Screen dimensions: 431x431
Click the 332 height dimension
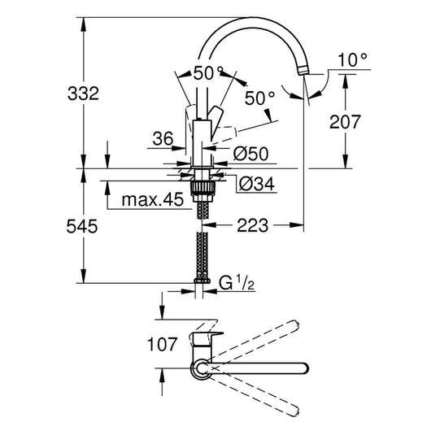click(x=83, y=94)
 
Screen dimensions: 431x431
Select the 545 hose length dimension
click(x=82, y=227)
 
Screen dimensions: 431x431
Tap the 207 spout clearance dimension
click(x=345, y=122)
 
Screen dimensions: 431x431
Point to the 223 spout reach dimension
click(x=252, y=225)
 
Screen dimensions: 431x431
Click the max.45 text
click(x=153, y=199)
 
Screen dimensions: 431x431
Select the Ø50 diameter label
click(x=250, y=154)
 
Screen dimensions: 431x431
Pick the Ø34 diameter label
click(x=257, y=183)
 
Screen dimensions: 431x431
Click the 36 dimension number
click(x=163, y=138)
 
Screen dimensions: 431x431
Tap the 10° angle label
click(x=352, y=60)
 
